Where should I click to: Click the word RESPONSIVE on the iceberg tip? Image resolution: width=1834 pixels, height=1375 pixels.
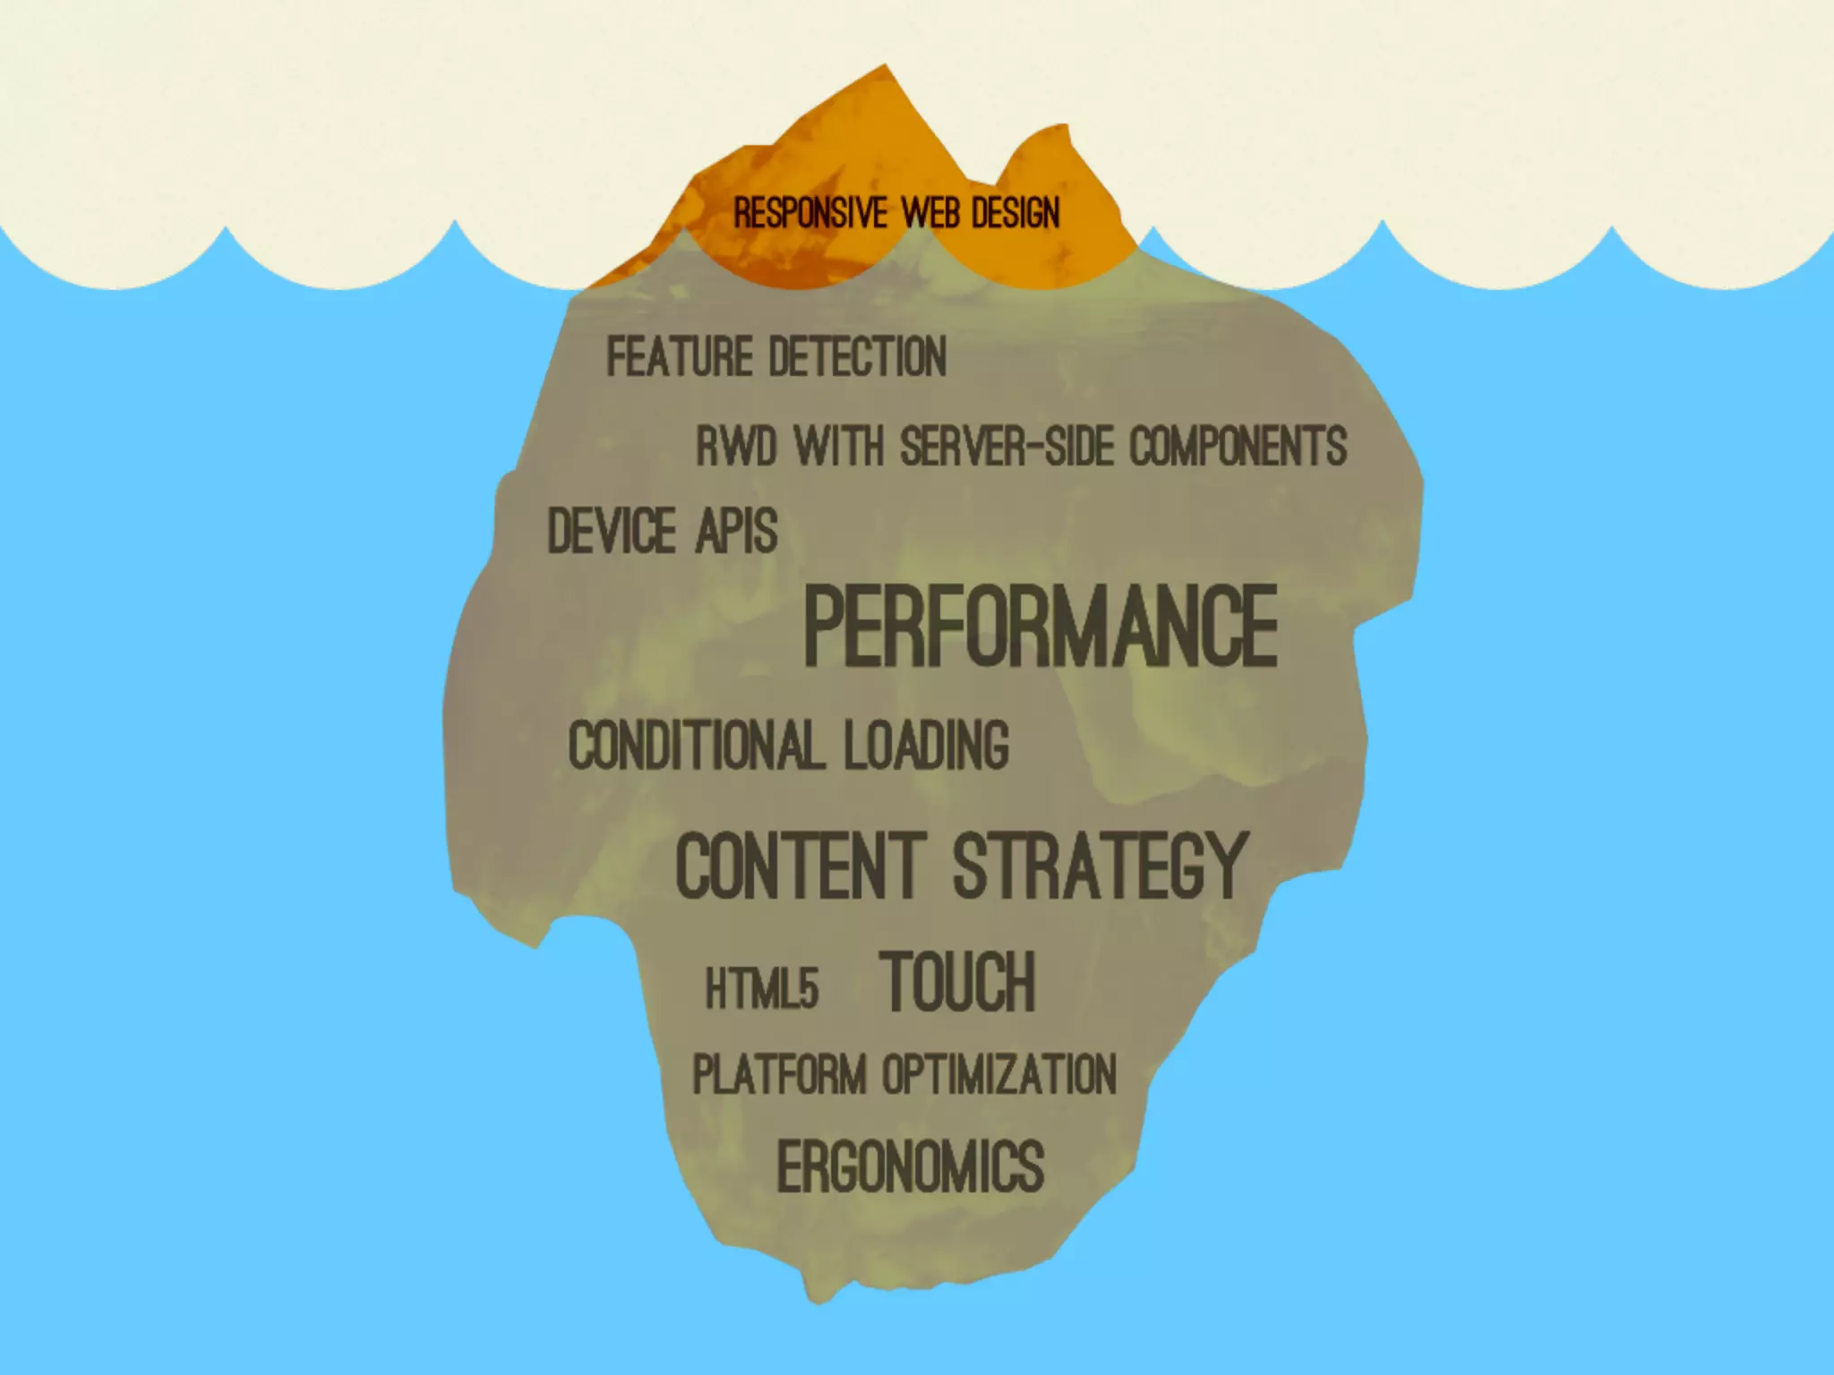[810, 214]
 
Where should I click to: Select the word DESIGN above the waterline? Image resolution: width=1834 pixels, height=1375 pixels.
[1016, 214]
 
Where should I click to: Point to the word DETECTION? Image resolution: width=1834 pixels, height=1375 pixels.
[858, 357]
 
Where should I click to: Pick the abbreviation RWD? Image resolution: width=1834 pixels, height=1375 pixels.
[736, 447]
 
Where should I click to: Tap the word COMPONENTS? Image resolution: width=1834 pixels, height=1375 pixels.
[1238, 447]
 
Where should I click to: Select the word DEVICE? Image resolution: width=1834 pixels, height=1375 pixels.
[612, 531]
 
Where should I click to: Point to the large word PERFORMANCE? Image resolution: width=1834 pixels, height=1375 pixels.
[1041, 626]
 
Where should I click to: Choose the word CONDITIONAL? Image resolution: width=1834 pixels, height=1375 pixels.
[695, 746]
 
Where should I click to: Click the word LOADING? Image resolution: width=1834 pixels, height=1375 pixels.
[926, 746]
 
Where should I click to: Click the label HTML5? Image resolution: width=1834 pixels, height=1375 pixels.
[762, 989]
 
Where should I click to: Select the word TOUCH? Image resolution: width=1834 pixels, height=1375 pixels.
[957, 983]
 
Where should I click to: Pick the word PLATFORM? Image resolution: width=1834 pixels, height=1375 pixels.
[780, 1074]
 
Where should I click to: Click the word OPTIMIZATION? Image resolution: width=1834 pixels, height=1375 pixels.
[999, 1074]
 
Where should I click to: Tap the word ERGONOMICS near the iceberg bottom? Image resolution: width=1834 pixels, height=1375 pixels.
[910, 1166]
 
